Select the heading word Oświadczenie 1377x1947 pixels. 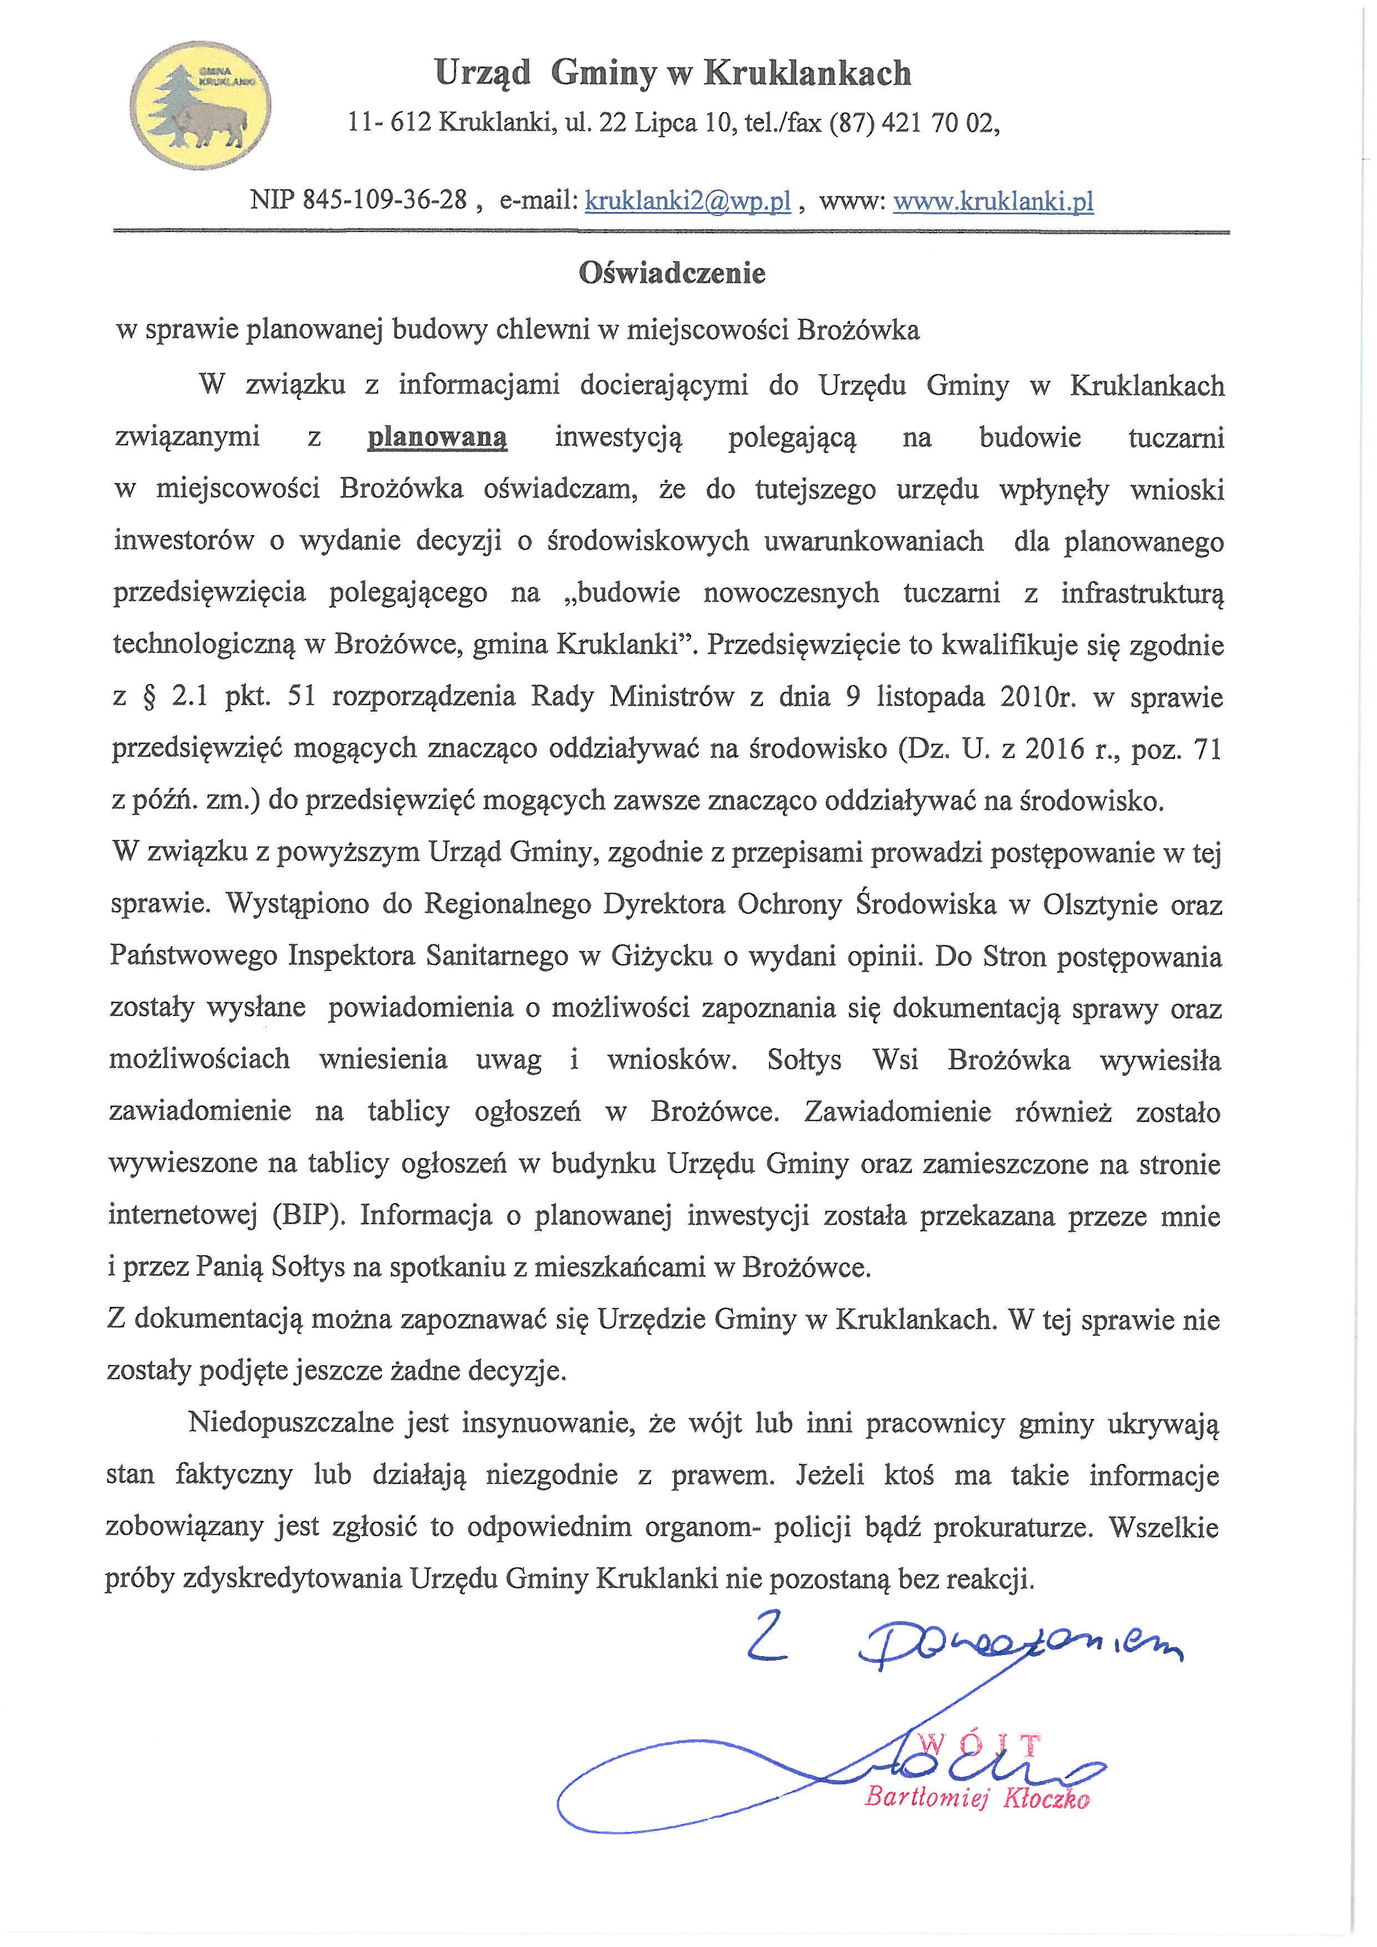(671, 273)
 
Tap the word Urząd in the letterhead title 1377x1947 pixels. (481, 74)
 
